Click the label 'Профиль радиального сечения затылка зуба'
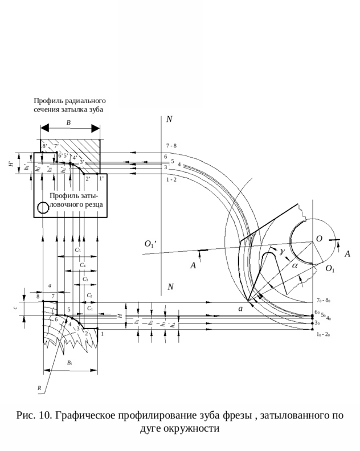click(x=70, y=105)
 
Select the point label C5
click(x=78, y=251)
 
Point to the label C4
click(x=83, y=265)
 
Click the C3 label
click(x=85, y=280)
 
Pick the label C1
click(x=90, y=309)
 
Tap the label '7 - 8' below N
click(x=171, y=146)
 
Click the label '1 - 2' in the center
click(x=171, y=180)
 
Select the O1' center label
click(x=150, y=244)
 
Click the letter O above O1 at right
click(x=320, y=239)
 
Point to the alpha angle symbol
click(x=294, y=266)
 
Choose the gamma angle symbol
click(x=281, y=252)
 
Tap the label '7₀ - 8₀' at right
click(x=324, y=300)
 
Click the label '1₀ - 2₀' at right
click(x=323, y=335)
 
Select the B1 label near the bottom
click(x=69, y=363)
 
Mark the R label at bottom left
click(x=39, y=388)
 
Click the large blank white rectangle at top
click(x=161, y=54)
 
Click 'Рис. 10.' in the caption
click(x=34, y=416)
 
